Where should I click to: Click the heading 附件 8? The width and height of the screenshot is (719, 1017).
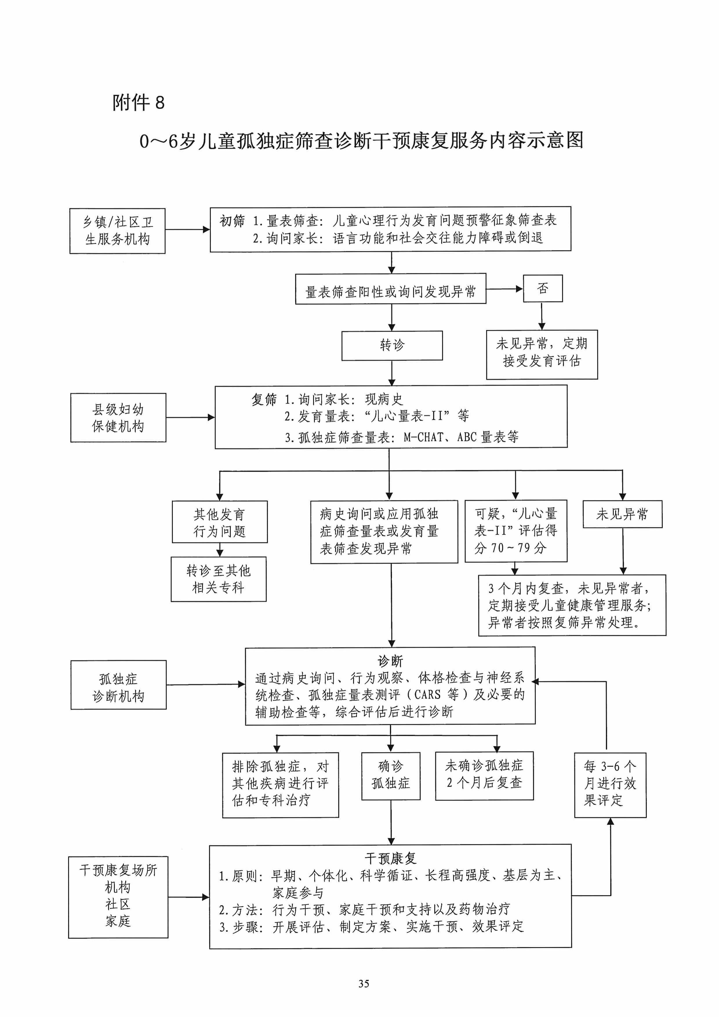click(x=138, y=103)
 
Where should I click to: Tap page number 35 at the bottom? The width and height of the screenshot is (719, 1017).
click(x=363, y=984)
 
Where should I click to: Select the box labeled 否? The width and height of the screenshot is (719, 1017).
click(x=543, y=289)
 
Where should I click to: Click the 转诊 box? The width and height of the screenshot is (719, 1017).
click(x=392, y=346)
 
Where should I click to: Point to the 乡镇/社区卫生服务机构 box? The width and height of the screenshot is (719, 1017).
click(x=117, y=231)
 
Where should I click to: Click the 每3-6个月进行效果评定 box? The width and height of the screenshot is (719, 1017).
click(x=610, y=784)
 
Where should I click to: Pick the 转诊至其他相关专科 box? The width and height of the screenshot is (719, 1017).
click(x=218, y=579)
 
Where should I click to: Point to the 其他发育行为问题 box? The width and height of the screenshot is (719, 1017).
click(x=220, y=522)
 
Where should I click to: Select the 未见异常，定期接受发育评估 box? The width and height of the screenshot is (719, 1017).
click(x=542, y=354)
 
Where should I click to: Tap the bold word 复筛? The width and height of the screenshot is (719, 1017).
click(x=264, y=399)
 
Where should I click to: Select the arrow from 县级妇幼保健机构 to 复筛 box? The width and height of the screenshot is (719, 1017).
click(x=190, y=417)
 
